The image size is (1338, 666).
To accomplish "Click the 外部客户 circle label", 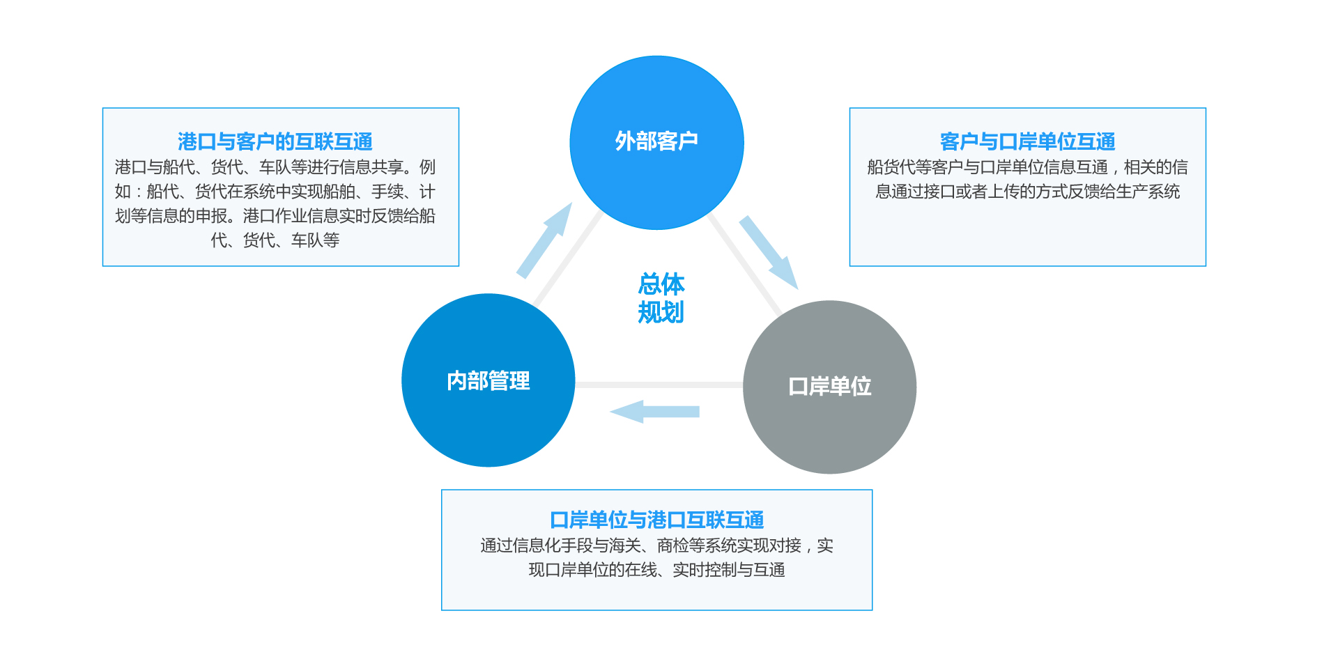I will pyautogui.click(x=656, y=141).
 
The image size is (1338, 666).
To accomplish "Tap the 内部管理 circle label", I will pyautogui.click(x=489, y=381).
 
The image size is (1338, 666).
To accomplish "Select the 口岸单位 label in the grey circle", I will pyautogui.click(x=829, y=387).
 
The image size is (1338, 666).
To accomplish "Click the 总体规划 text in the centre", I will pyautogui.click(x=661, y=298).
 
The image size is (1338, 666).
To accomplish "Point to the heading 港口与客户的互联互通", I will pyautogui.click(x=275, y=141).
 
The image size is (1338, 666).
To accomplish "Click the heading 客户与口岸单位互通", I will pyautogui.click(x=1027, y=141).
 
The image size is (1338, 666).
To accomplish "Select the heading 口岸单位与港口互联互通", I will pyautogui.click(x=656, y=520).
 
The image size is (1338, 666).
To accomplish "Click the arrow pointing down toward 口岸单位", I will pyautogui.click(x=769, y=251).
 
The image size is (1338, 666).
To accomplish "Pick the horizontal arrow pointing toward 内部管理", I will pyautogui.click(x=655, y=411).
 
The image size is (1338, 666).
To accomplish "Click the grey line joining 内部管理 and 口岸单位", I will pyautogui.click(x=659, y=385).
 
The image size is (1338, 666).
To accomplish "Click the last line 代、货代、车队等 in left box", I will pyautogui.click(x=275, y=240).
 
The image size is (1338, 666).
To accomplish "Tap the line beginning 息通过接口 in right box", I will pyautogui.click(x=1027, y=192).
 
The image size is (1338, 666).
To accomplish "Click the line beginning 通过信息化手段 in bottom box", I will pyautogui.click(x=656, y=545).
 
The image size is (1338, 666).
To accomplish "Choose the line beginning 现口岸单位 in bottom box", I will pyautogui.click(x=656, y=570).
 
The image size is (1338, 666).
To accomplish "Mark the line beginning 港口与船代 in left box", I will pyautogui.click(x=275, y=167).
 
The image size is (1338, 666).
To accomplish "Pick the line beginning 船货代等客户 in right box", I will pyautogui.click(x=1027, y=167).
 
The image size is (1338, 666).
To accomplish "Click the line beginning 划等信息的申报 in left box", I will pyautogui.click(x=275, y=216).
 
